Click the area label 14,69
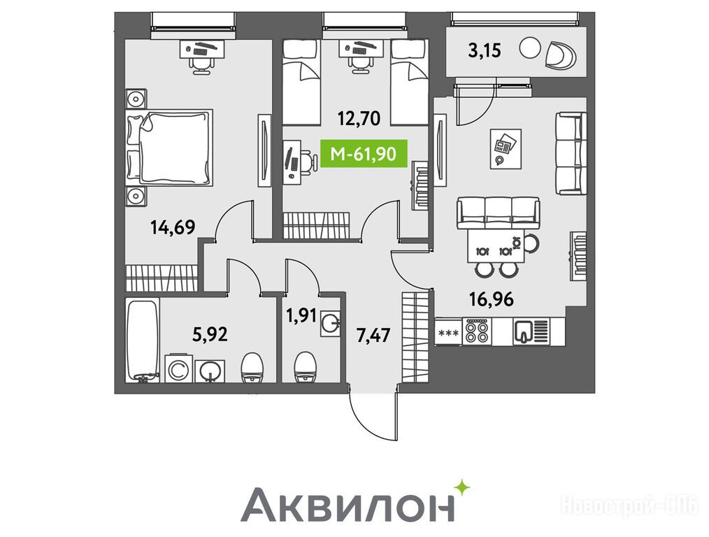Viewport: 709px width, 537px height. pos(173,227)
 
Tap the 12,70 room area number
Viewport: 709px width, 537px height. pos(359,118)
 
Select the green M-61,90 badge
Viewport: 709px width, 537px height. pos(364,154)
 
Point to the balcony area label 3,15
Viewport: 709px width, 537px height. pos(485,50)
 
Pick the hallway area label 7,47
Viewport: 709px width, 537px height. pos(373,336)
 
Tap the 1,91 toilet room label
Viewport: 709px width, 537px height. pos(301,316)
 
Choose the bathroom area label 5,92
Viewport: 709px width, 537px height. pos(210,334)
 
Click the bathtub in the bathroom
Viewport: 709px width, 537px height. pos(143,341)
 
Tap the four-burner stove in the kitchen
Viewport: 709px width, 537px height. pos(477,332)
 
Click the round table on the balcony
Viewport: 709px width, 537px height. pos(530,48)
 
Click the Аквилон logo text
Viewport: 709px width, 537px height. pos(348,505)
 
